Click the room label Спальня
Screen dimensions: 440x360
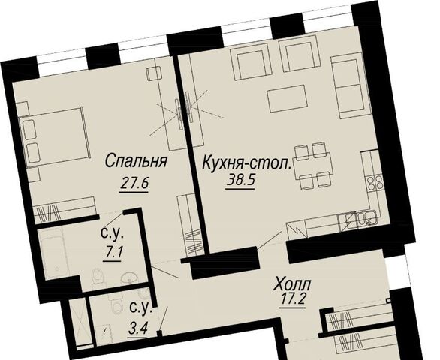(x=137, y=162)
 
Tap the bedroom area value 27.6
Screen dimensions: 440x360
(x=134, y=184)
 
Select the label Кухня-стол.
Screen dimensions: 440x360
(x=247, y=163)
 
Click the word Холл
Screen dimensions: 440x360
(x=292, y=284)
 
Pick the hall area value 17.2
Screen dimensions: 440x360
(x=292, y=301)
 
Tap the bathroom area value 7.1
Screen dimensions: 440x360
(x=112, y=254)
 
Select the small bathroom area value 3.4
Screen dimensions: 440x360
(x=138, y=328)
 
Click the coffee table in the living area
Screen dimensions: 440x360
(x=286, y=98)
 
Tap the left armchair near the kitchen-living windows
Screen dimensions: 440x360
(x=251, y=63)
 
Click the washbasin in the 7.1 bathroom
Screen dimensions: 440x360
(x=129, y=277)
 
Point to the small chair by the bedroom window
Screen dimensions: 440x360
(x=154, y=73)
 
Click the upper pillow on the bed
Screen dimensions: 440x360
(x=30, y=129)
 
